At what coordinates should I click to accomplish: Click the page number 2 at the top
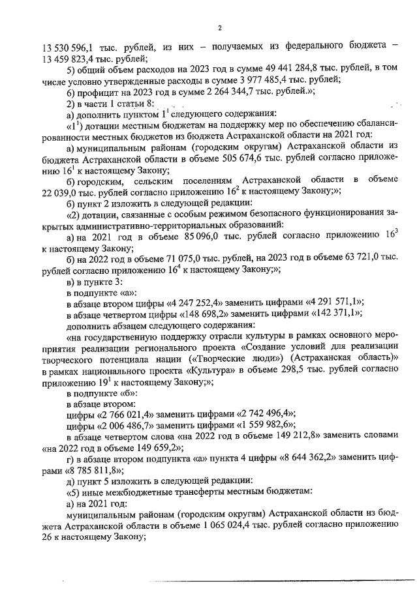[x=220, y=27]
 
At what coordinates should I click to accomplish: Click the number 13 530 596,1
[x=71, y=48]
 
